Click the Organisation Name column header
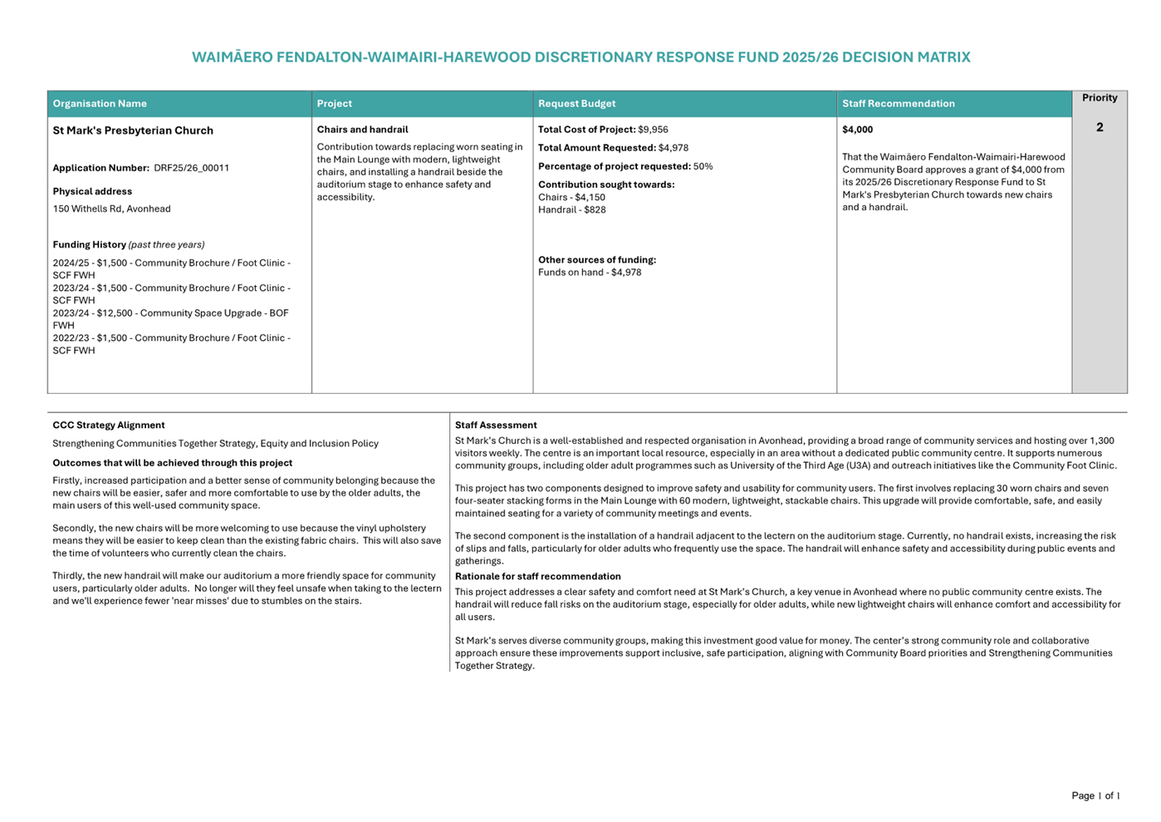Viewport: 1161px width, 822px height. (100, 104)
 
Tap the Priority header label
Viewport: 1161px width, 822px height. (1100, 98)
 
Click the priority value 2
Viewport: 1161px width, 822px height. (1100, 127)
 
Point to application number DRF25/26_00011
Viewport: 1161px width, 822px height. (191, 168)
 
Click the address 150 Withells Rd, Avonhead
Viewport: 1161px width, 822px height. (111, 209)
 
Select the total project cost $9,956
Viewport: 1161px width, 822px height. (653, 130)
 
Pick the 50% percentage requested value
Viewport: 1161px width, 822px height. (703, 166)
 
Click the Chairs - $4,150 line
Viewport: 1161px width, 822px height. (571, 197)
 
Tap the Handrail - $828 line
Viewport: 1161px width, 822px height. (571, 209)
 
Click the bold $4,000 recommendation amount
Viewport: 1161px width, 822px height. (857, 130)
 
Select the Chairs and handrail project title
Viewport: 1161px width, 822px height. (362, 130)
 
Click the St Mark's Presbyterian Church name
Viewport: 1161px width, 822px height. (133, 130)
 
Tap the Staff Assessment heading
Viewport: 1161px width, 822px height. (496, 425)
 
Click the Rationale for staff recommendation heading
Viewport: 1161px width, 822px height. (537, 576)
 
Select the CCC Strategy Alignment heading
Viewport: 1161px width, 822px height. (109, 425)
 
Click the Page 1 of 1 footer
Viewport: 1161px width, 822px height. (1095, 795)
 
